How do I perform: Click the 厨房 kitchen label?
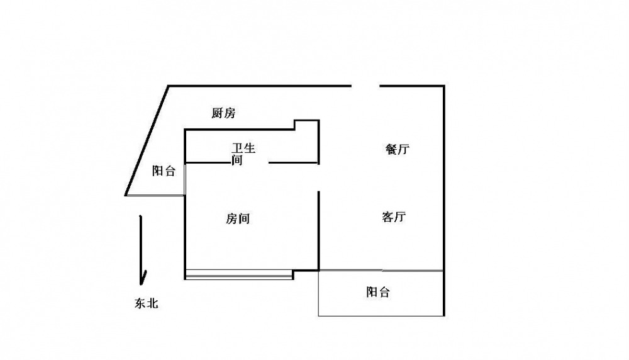click(223, 113)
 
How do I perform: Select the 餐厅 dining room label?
click(397, 149)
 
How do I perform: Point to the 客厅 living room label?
click(394, 217)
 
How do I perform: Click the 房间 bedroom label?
click(238, 219)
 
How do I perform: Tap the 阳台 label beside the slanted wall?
click(164, 171)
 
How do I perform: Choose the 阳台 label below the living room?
click(378, 292)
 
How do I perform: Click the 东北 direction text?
click(147, 303)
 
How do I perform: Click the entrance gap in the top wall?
click(365, 86)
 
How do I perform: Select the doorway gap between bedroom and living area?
click(319, 177)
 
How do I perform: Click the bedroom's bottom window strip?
click(239, 274)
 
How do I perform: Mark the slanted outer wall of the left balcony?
click(147, 140)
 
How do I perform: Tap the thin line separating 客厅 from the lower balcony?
click(381, 271)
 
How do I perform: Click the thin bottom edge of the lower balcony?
click(381, 316)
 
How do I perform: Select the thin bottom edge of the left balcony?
click(155, 196)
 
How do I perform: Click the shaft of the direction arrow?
click(141, 245)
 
